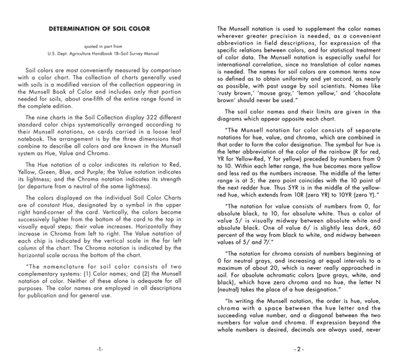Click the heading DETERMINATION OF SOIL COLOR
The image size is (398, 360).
tap(99, 29)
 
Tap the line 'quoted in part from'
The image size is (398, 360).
tap(99, 47)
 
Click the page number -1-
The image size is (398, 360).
tap(99, 349)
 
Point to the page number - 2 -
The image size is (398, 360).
tap(299, 349)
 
